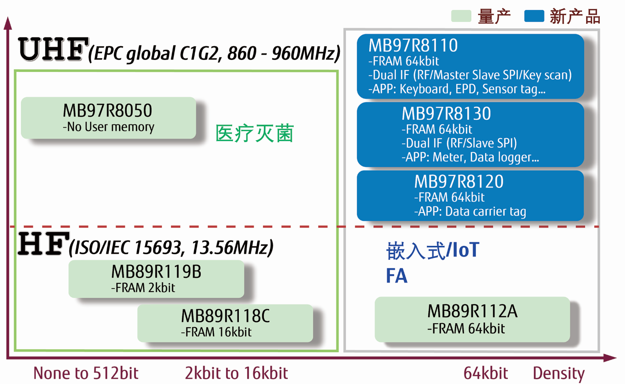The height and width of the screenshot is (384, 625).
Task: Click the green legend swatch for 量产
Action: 461,16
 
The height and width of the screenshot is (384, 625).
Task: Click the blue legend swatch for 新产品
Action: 534,16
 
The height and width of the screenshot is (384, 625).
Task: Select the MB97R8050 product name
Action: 108,111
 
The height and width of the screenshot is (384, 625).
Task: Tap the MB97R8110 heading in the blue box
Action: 413,45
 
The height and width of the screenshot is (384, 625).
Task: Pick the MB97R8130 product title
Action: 446,113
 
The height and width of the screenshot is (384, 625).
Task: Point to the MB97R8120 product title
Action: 459,181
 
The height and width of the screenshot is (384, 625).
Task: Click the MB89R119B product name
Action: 156,272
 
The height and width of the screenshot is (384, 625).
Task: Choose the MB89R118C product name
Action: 226,316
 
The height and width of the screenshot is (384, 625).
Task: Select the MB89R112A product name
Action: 472,311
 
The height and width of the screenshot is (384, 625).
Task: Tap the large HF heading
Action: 43,244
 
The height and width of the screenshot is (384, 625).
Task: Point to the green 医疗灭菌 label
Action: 254,133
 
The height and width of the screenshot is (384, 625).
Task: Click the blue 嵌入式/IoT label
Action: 433,251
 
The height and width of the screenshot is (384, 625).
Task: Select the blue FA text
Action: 397,276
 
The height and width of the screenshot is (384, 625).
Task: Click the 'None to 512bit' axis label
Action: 86,373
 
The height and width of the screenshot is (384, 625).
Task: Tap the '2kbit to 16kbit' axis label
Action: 237,373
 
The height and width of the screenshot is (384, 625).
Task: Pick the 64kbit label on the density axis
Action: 485,373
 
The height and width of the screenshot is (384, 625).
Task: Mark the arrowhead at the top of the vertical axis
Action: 8,23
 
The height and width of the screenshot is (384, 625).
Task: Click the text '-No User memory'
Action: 108,127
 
